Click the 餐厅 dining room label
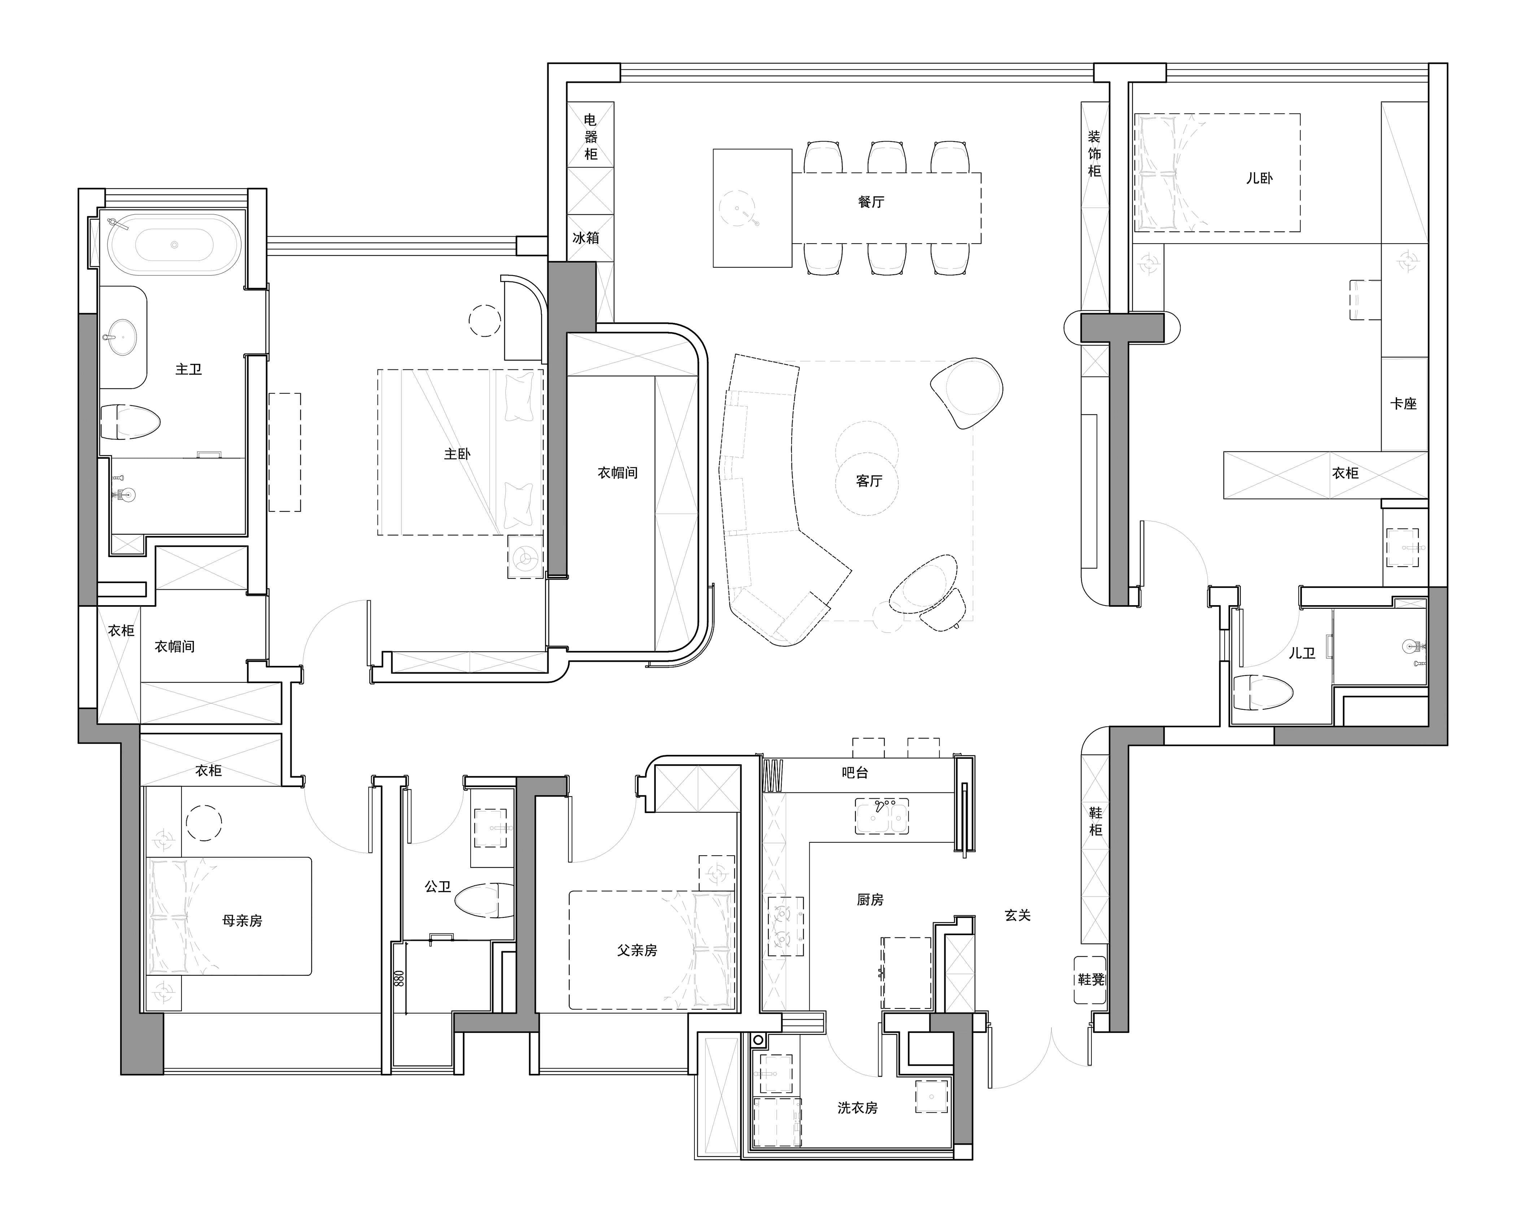coord(871,202)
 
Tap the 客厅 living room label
coord(869,481)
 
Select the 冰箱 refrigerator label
coord(586,238)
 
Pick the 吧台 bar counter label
coord(855,773)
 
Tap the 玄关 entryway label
coord(1018,915)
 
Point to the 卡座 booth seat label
coord(1404,403)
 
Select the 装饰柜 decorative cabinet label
coord(1094,154)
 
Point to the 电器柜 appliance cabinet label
coord(591,137)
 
